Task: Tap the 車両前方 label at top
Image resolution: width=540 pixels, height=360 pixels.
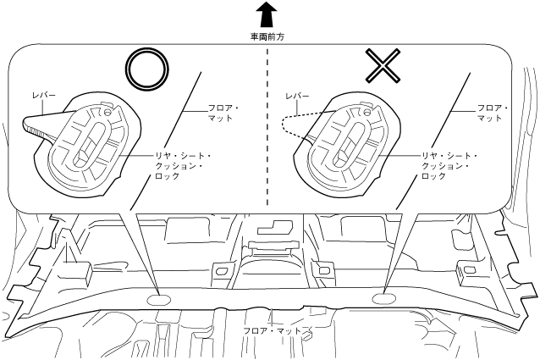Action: point(267,37)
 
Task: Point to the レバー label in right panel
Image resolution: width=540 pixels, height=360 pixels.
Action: point(299,98)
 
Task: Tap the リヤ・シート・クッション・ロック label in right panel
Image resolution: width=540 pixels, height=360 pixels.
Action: point(449,166)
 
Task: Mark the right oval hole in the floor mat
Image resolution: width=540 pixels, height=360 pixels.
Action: point(383,297)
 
